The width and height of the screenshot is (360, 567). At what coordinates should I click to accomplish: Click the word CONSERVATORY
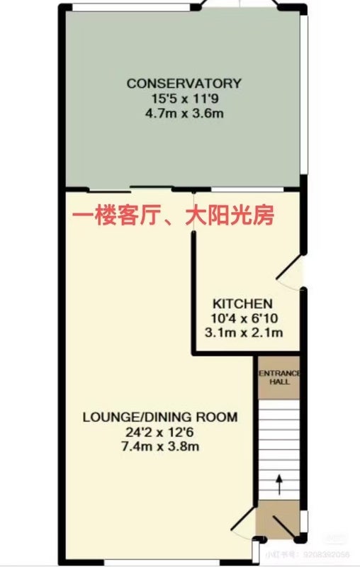point(184,84)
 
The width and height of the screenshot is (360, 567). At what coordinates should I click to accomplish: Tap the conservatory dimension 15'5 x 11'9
point(184,99)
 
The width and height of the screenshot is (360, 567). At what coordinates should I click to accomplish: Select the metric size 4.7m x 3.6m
point(184,113)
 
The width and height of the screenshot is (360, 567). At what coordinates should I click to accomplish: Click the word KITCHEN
point(242,303)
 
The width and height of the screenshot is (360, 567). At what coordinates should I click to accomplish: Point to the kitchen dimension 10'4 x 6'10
point(244,318)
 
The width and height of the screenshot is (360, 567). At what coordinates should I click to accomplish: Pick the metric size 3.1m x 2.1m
point(244,332)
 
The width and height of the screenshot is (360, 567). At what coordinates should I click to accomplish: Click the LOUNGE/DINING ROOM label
point(160,417)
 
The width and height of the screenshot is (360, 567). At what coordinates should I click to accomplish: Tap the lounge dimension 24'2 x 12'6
point(160,432)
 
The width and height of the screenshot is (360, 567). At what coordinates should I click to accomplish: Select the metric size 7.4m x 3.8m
point(160,447)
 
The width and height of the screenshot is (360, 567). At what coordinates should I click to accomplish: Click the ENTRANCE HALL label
point(279,377)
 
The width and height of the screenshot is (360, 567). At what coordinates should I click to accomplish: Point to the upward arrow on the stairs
point(279,485)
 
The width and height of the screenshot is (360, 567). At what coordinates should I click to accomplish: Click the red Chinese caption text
point(173,216)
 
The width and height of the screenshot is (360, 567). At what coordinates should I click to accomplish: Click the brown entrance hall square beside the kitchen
point(279,378)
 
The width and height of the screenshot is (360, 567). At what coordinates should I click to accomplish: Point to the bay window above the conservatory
point(240,4)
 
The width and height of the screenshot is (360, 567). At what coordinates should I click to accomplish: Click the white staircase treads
point(279,449)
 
